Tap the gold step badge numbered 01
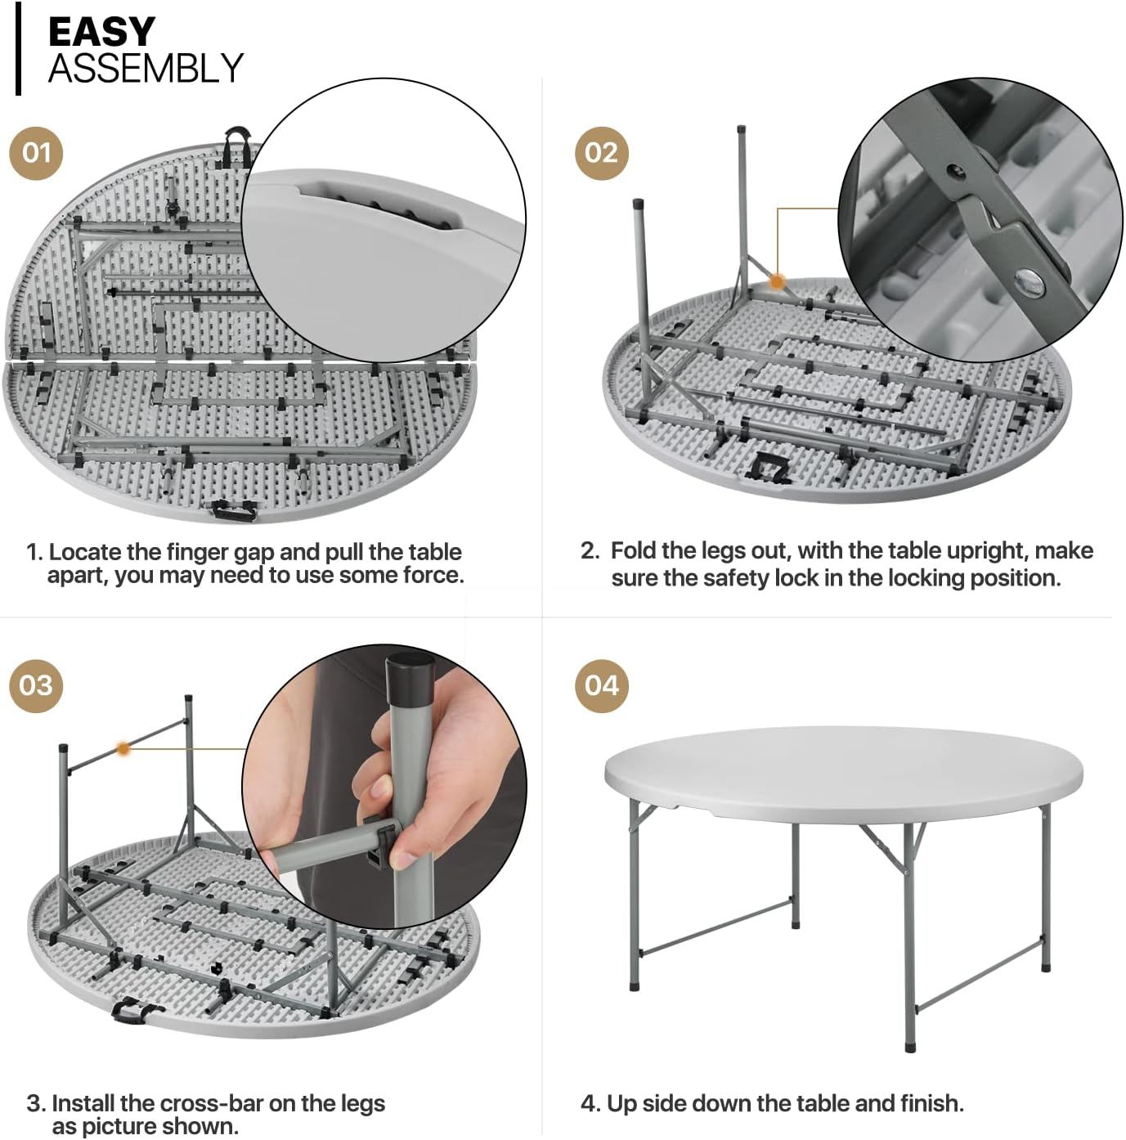coord(36,153)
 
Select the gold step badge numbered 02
coord(602,153)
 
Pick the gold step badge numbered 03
coord(36,685)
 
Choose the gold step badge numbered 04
coord(602,685)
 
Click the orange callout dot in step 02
coord(778,282)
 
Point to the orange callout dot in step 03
coord(123,749)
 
